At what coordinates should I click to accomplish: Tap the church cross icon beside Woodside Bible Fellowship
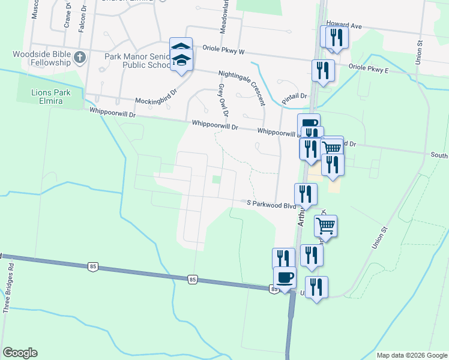coord(80,58)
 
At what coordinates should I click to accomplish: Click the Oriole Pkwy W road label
coord(223,52)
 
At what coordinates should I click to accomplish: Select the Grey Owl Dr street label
coord(223,100)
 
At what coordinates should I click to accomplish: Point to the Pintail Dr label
coord(294,96)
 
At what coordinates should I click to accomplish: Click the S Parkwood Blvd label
coord(272,204)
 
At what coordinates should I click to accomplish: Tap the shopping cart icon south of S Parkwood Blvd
coord(325,226)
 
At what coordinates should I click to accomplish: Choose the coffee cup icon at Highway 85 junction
coord(285,277)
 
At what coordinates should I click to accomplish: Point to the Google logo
coord(20,353)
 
